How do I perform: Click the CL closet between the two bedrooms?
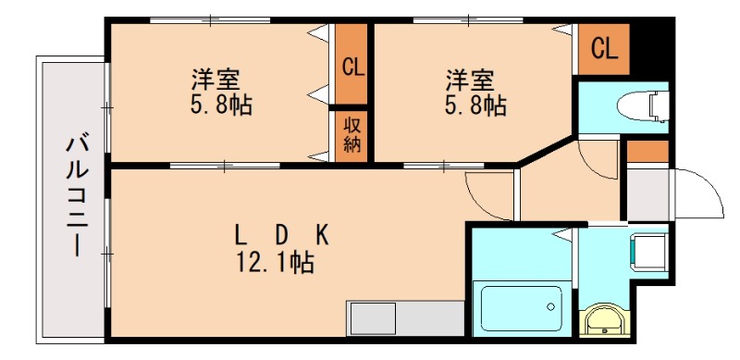pyautogui.click(x=351, y=67)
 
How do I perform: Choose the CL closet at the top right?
pyautogui.click(x=604, y=49)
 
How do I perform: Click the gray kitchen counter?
pyautogui.click(x=405, y=319)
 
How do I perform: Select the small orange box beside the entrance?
pyautogui.click(x=647, y=151)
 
